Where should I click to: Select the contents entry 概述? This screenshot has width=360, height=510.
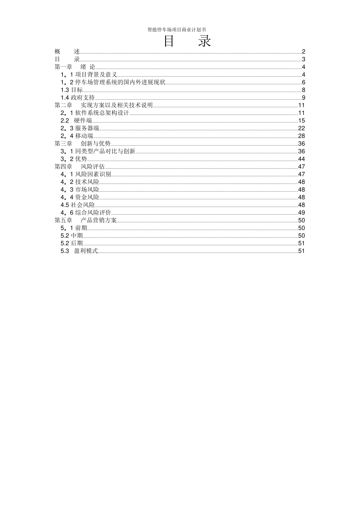tap(67, 52)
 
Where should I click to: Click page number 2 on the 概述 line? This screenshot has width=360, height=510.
tap(304, 52)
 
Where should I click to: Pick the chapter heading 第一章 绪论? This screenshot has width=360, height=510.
tap(75, 67)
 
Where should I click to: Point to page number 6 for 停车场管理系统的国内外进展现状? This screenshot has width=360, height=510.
tap(304, 82)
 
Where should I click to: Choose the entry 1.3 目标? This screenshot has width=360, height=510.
tap(72, 90)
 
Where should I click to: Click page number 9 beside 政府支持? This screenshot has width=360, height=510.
tap(304, 98)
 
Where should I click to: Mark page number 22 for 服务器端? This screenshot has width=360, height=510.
tap(301, 128)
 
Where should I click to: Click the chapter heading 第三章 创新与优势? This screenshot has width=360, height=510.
tap(82, 144)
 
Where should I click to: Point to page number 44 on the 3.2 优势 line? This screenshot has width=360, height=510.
tap(301, 159)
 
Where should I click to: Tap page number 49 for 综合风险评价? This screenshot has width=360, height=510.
tap(301, 213)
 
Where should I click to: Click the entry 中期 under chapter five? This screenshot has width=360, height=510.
tap(72, 236)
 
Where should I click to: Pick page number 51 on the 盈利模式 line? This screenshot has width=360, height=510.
tap(301, 251)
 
